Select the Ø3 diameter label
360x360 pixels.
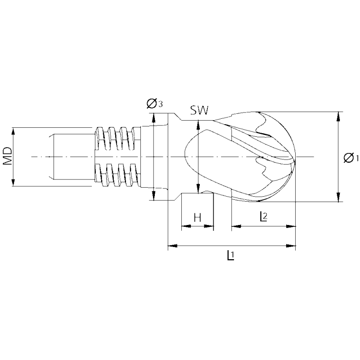[x=154, y=104]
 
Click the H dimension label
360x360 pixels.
[x=197, y=218]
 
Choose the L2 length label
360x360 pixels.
[x=263, y=216]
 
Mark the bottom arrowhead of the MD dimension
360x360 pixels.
[x=13, y=182]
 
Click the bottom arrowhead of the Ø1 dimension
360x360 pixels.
[x=337, y=198]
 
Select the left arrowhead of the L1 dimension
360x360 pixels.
[x=171, y=246]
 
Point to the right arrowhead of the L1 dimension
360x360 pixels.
[x=292, y=246]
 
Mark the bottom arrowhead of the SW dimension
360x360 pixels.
[x=198, y=189]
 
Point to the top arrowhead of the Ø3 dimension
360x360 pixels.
[x=154, y=117]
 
